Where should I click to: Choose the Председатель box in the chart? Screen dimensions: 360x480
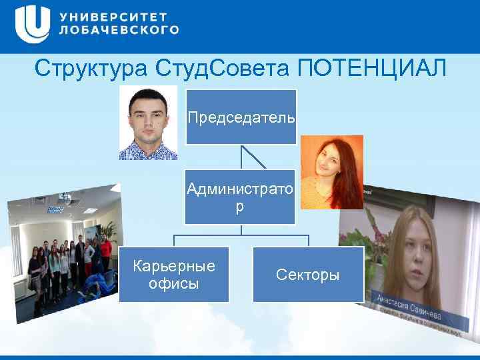point(241,117)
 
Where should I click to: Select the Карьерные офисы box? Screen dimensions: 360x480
point(174,274)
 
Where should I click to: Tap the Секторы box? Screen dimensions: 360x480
point(308,274)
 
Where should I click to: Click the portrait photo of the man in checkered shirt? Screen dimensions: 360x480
point(148,123)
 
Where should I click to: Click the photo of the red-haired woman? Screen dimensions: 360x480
point(331,171)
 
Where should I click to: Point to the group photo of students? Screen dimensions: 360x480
point(63,253)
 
